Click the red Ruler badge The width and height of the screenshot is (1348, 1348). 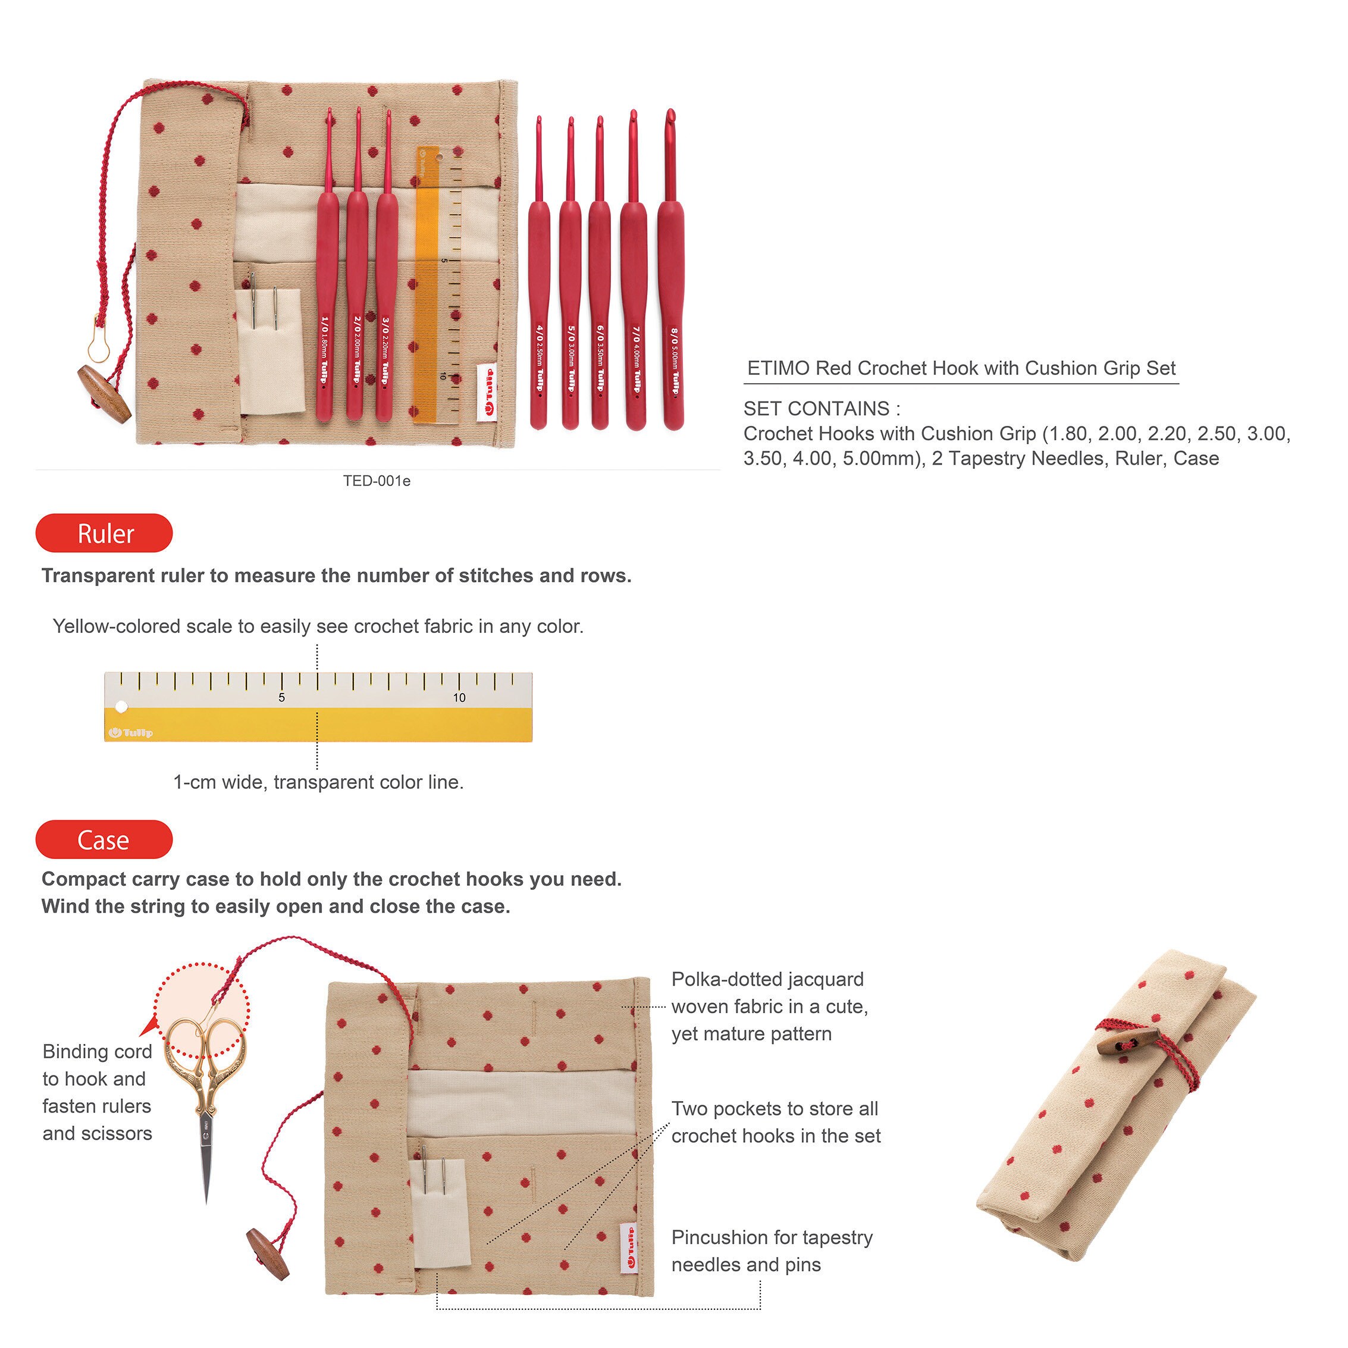(104, 533)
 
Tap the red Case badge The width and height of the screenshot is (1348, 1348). (104, 839)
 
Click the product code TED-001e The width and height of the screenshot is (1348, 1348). (377, 481)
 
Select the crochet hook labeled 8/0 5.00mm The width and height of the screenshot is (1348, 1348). (671, 272)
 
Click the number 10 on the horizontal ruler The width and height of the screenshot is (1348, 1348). (459, 698)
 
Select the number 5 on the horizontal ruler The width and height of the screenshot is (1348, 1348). (282, 698)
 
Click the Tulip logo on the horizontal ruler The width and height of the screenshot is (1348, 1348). (130, 733)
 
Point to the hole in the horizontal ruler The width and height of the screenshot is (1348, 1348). (121, 707)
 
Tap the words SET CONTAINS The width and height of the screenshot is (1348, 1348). (816, 409)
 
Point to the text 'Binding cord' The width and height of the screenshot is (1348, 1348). (97, 1052)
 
